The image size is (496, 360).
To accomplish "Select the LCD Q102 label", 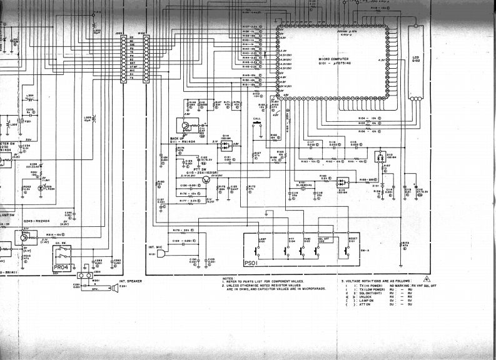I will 416,59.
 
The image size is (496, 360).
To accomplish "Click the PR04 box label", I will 61,267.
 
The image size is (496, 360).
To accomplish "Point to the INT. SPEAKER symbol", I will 114,287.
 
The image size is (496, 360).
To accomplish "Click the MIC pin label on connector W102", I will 132,71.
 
